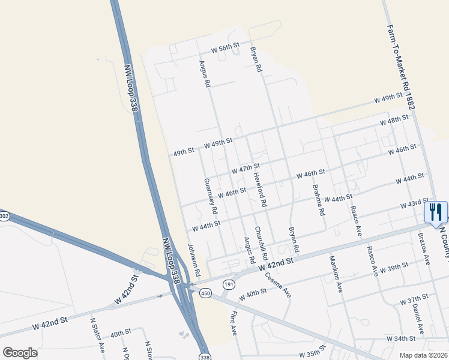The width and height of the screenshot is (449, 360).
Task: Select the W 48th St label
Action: (394, 122)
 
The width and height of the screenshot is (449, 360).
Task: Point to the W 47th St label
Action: (246, 168)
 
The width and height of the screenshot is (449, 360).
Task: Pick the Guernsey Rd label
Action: (210, 196)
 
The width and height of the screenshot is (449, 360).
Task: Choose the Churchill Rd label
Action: (259, 243)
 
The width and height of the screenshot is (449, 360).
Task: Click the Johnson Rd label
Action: (192, 259)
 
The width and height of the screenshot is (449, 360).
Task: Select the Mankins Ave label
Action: (336, 274)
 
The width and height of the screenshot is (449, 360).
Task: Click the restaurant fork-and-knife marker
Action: (435, 212)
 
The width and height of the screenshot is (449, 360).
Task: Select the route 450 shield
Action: (206, 292)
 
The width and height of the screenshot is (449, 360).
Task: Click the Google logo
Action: (20, 353)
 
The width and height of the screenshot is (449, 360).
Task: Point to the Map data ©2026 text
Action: (423, 355)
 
